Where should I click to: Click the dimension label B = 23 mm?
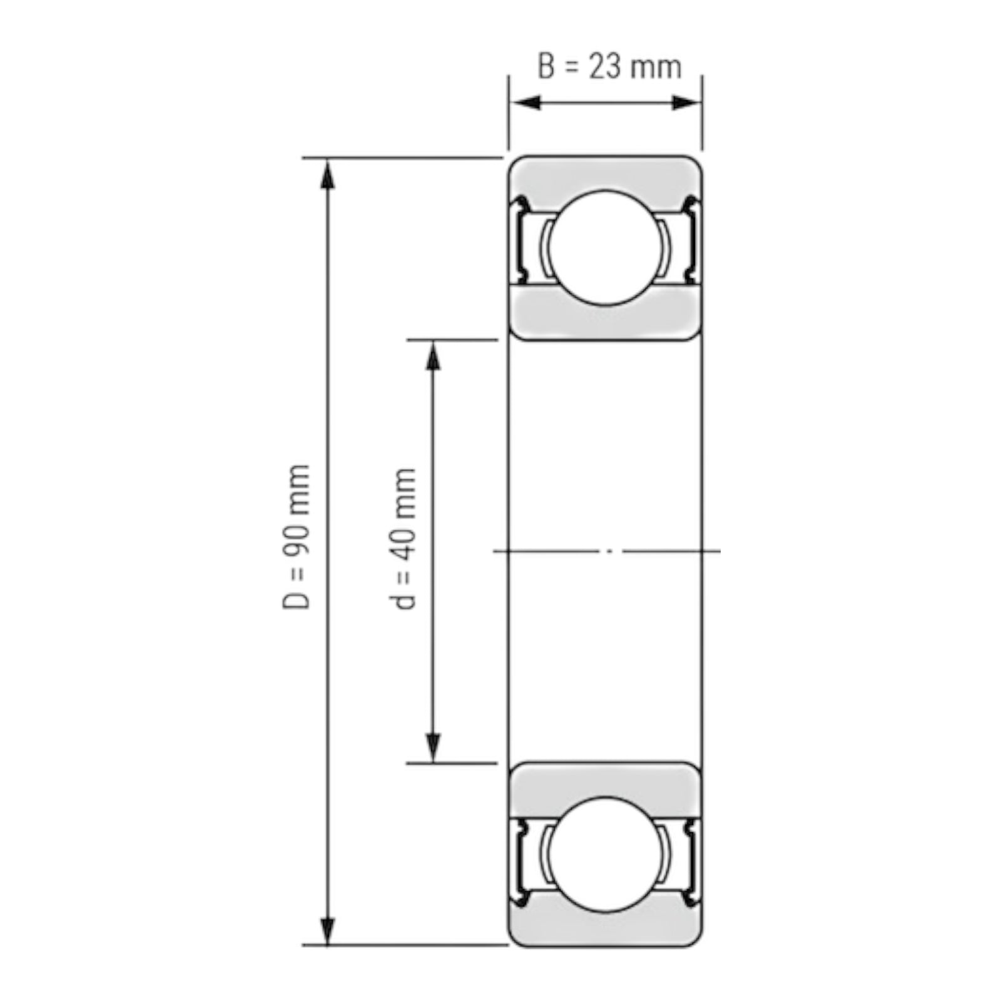pos(609,67)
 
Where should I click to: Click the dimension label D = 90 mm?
pos(297,536)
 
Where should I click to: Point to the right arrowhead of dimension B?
pos(686,103)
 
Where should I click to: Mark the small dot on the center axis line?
pos(610,551)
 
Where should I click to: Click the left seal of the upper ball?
pos(521,241)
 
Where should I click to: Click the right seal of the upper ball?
pos(691,241)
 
